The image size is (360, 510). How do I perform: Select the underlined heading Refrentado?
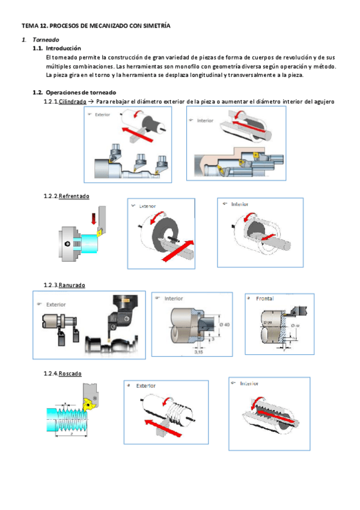tap(74, 196)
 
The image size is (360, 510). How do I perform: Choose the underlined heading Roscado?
tap(70, 373)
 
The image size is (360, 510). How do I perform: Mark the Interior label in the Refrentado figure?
tap(240, 204)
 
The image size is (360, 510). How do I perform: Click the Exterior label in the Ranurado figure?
tap(56, 304)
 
